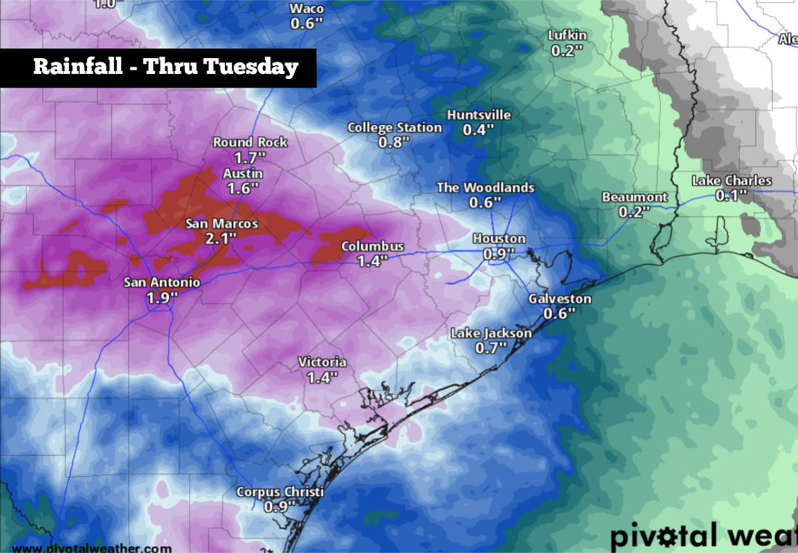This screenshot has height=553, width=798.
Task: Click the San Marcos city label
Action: pyautogui.click(x=222, y=224)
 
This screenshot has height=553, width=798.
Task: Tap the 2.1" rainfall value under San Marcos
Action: pyautogui.click(x=222, y=238)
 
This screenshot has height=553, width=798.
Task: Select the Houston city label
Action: pyautogui.click(x=499, y=238)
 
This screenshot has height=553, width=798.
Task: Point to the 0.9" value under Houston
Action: pyautogui.click(x=499, y=254)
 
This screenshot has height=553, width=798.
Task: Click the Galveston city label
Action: pyautogui.click(x=559, y=299)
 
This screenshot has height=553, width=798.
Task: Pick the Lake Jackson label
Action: pyautogui.click(x=491, y=333)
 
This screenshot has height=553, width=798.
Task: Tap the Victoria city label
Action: pyautogui.click(x=322, y=362)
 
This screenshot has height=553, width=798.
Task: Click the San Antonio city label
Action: pyautogui.click(x=161, y=282)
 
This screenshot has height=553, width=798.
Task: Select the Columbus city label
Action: pyautogui.click(x=372, y=247)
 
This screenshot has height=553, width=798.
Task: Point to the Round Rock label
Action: pyautogui.click(x=250, y=142)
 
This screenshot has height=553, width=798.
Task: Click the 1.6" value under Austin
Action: pyautogui.click(x=242, y=188)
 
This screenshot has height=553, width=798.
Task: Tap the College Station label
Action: pyautogui.click(x=395, y=128)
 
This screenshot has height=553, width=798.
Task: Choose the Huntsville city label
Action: pyautogui.click(x=479, y=115)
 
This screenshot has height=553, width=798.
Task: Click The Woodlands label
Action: pyautogui.click(x=485, y=188)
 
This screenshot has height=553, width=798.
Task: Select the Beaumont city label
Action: pyautogui.click(x=634, y=197)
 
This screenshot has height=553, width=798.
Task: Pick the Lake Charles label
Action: pyautogui.click(x=731, y=180)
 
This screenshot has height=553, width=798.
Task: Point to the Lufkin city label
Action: pyautogui.click(x=567, y=36)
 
